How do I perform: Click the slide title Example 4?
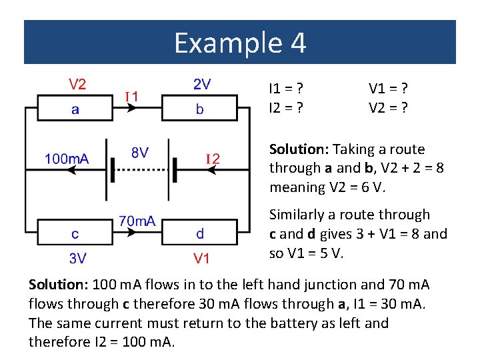pyautogui.click(x=240, y=43)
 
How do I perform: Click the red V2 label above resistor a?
pyautogui.click(x=78, y=84)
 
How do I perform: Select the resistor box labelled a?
pyautogui.click(x=75, y=108)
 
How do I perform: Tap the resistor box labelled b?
pyautogui.click(x=200, y=108)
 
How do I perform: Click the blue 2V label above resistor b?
pyautogui.click(x=202, y=84)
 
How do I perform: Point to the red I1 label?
pyautogui.click(x=132, y=97)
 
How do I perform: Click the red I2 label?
pyautogui.click(x=212, y=158)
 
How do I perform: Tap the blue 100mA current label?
pyautogui.click(x=67, y=159)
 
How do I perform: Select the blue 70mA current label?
pyautogui.click(x=137, y=220)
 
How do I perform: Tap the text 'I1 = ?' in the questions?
pyautogui.click(x=286, y=87)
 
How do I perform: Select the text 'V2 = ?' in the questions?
pyautogui.click(x=388, y=106)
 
